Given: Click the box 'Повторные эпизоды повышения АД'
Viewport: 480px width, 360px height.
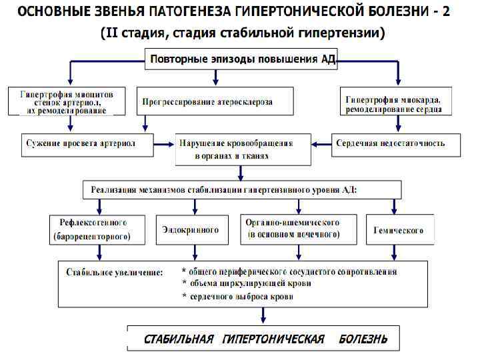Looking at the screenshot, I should point(243,60).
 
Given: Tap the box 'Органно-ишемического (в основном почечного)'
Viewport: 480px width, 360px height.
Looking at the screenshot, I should point(293,229).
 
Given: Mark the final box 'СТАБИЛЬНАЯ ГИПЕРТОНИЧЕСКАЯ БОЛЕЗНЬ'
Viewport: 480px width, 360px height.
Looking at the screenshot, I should point(265,339).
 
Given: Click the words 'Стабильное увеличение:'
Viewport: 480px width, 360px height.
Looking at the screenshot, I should point(115,273).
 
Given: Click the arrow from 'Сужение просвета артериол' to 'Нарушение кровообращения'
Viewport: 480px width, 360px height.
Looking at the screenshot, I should point(164,143).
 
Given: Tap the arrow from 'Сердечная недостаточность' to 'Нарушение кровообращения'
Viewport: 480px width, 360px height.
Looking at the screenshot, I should point(322,143).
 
